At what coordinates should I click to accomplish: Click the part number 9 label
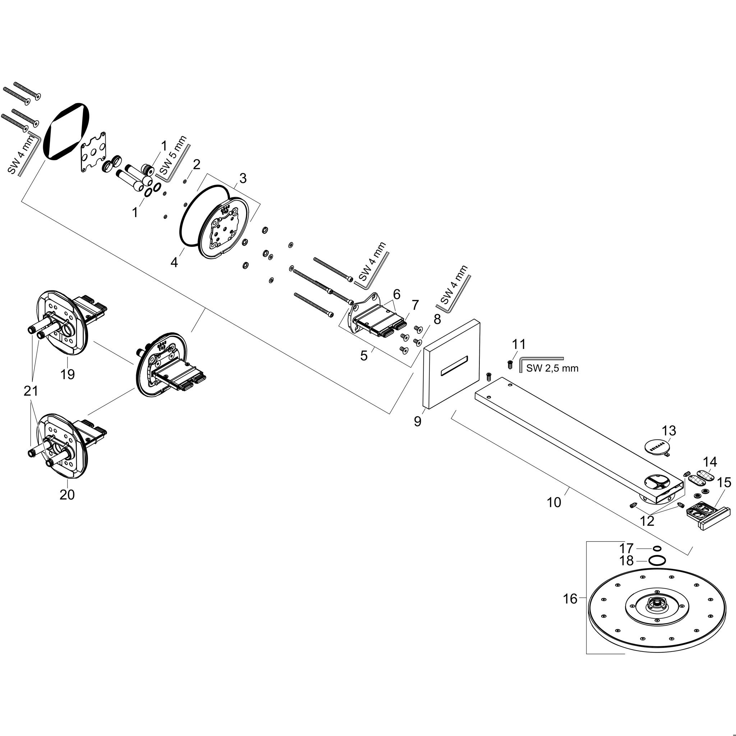point(418,421)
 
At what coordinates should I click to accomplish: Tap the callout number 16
point(570,599)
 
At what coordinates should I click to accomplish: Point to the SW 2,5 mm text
point(552,368)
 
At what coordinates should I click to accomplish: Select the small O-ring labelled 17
point(657,548)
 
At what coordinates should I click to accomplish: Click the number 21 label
point(31,391)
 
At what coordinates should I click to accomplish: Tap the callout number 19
point(68,374)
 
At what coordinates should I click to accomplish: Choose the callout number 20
point(67,494)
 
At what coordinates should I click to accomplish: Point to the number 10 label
point(554,502)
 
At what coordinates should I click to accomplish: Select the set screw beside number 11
point(510,364)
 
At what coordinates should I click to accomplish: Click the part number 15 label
point(724,483)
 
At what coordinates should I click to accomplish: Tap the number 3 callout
point(243,178)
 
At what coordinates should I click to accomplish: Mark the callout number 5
point(364,355)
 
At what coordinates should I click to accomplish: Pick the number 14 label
point(710,462)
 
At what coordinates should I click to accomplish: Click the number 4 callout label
point(174,262)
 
